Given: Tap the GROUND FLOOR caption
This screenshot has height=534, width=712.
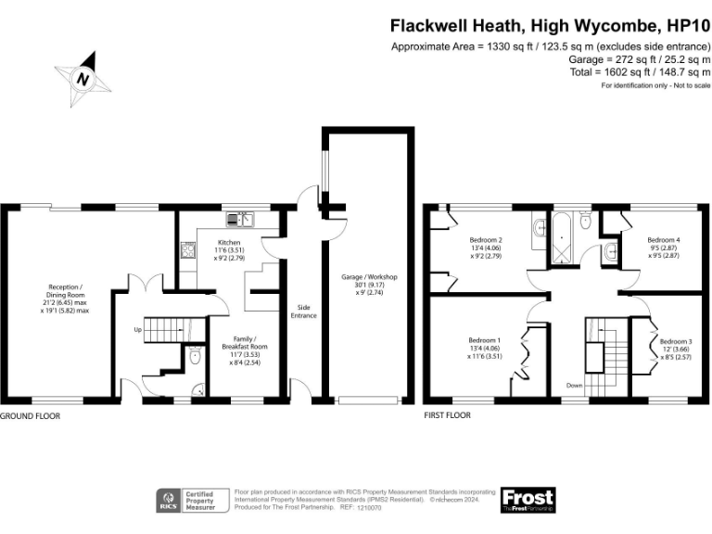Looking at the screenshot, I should coord(31,416).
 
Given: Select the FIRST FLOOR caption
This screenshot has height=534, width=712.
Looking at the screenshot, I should coord(447,416).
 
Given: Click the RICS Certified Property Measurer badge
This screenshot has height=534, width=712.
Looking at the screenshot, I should coord(189,500).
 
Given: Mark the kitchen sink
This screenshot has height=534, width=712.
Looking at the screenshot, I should coord(244,220).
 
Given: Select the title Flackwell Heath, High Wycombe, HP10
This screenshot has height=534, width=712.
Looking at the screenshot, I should coord(550,26).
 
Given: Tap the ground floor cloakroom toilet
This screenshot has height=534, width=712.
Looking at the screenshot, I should coord(194,356).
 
